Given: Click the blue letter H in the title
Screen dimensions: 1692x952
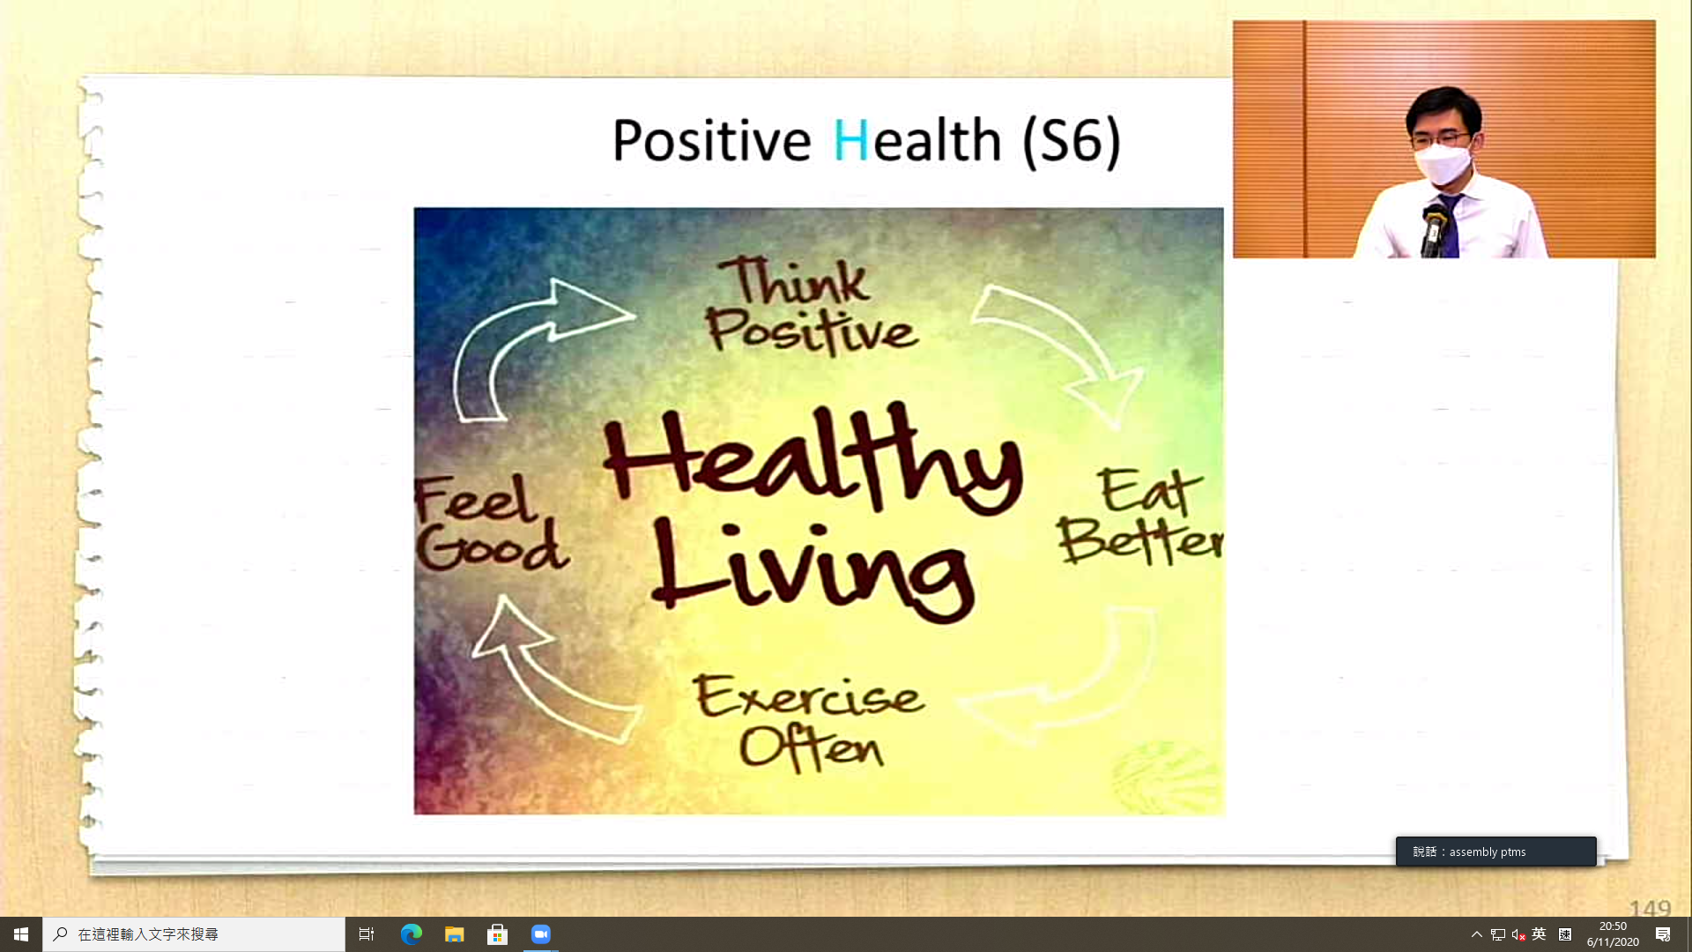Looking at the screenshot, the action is coord(850,140).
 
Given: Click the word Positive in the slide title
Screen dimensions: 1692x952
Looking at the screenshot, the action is coord(711,140).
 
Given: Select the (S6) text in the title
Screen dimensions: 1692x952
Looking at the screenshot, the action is coord(1072,141).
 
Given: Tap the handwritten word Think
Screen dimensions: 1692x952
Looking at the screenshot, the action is coord(798,281).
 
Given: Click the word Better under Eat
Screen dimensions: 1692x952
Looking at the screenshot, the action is coord(1140,539).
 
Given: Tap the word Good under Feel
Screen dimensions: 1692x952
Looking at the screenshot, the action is coord(492,547).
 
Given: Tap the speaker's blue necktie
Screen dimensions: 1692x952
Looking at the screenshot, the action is coord(1448,227).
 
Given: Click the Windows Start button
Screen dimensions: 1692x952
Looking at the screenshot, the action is coord(21,934).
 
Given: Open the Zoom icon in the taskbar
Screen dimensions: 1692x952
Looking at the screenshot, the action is coord(541,934).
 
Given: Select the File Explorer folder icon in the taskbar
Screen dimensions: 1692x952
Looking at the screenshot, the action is coord(455,934).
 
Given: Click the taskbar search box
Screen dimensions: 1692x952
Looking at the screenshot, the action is coord(194,934).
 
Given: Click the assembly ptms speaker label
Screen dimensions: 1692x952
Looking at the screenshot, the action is coord(1495,852).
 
